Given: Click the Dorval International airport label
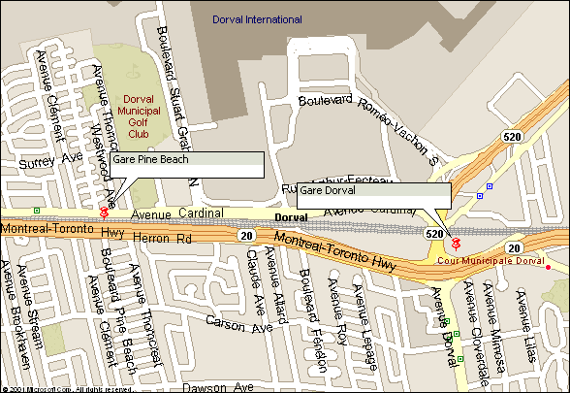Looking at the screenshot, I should (x=257, y=19).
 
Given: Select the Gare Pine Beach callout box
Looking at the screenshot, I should (x=186, y=164).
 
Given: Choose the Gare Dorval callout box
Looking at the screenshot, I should (x=373, y=195).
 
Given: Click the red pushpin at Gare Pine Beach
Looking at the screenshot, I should (x=104, y=211).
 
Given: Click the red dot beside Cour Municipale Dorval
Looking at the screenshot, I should (x=548, y=267).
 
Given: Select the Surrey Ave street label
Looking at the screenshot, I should (x=31, y=156).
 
